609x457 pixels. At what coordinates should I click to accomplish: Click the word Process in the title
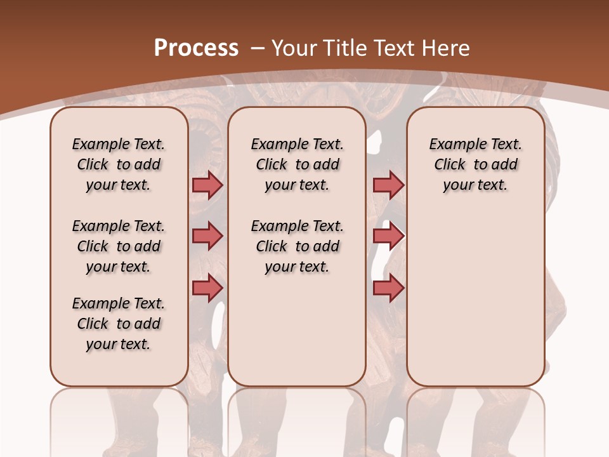[x=196, y=48]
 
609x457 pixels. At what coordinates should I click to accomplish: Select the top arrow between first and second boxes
[x=207, y=185]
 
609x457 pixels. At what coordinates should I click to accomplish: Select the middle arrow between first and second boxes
[x=207, y=236]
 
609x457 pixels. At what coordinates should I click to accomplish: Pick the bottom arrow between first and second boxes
[x=207, y=288]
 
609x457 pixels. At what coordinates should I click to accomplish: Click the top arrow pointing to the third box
[x=388, y=185]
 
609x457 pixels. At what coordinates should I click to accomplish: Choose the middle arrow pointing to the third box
[x=388, y=236]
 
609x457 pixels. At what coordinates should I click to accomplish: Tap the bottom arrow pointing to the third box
[x=388, y=288]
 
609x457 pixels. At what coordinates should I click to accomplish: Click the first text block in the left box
[x=119, y=164]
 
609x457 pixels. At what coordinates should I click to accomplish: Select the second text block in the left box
[x=119, y=246]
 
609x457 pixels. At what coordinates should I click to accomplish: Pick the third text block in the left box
[x=119, y=324]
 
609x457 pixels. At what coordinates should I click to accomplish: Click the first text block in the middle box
[x=297, y=164]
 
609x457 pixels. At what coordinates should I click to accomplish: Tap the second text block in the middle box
[x=297, y=246]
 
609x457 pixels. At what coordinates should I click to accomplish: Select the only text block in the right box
[x=475, y=164]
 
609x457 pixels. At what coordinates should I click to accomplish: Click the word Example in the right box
[x=452, y=145]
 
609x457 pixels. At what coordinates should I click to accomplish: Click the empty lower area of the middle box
[x=297, y=330]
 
